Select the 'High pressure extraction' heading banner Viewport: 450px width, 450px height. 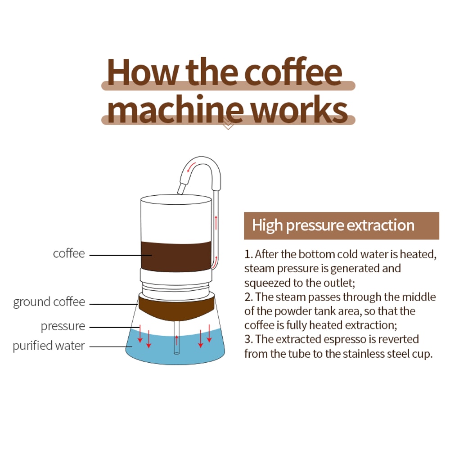coord(341,225)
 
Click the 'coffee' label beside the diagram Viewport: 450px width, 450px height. coord(69,253)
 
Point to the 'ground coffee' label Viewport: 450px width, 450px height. coord(49,302)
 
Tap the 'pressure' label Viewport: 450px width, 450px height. coord(63,326)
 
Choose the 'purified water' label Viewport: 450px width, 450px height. coord(49,346)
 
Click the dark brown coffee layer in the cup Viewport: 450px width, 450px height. coord(175,256)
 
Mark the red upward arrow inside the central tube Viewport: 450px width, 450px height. coord(176,339)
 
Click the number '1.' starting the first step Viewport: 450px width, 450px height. coord(248,254)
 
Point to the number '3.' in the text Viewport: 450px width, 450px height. coord(248,339)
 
